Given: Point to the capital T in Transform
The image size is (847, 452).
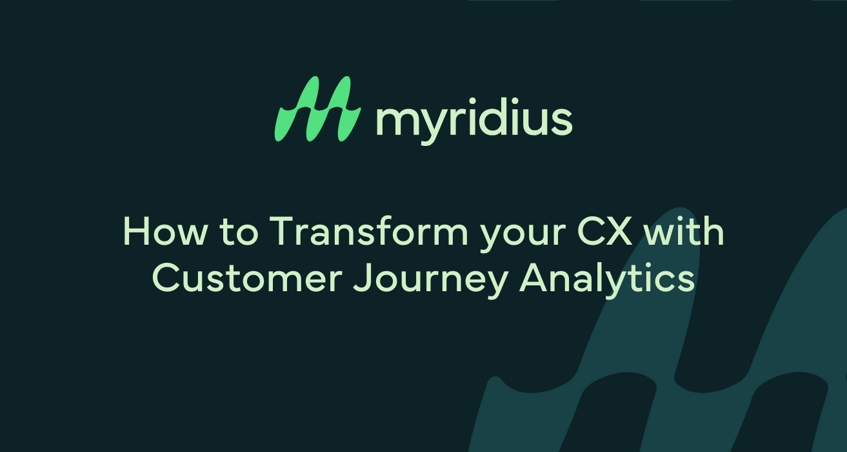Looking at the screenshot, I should tap(283, 232).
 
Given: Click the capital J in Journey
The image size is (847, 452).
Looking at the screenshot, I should tap(363, 279).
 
